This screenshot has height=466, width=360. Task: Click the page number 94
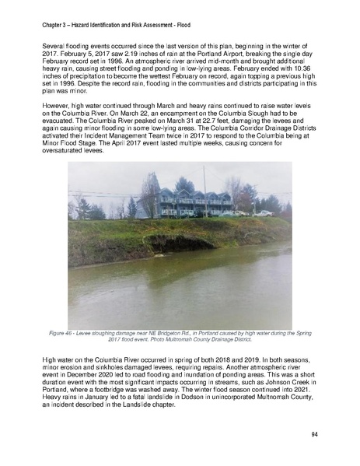tap(313, 433)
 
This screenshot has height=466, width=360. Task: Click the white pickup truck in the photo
tap(264, 212)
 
